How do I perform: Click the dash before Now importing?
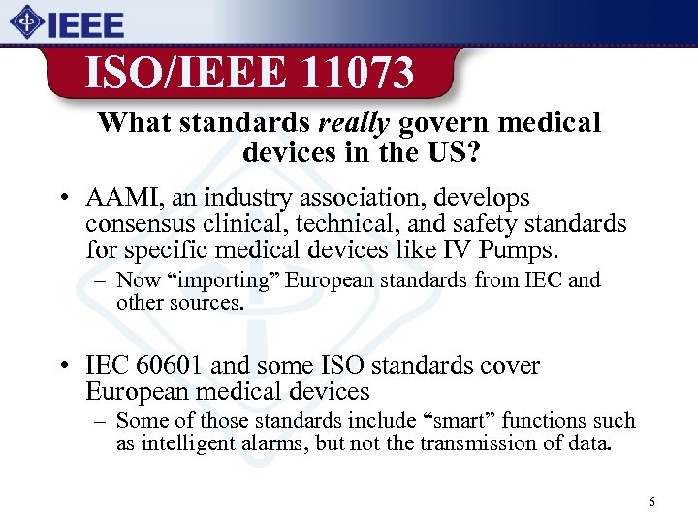100,281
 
